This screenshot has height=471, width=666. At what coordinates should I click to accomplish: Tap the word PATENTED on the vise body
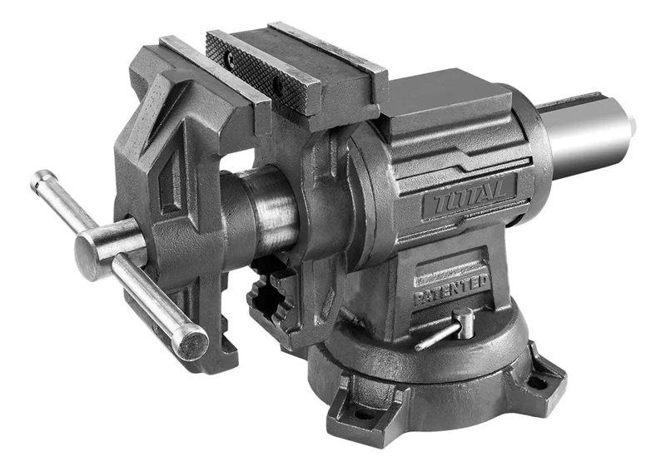pyautogui.click(x=451, y=290)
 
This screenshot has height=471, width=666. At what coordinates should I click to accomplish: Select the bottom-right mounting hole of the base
pyautogui.click(x=538, y=382)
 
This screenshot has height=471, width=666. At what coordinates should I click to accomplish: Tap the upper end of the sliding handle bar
pyautogui.click(x=42, y=179)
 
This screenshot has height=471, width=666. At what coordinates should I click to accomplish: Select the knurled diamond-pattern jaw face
pyautogui.click(x=258, y=71)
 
